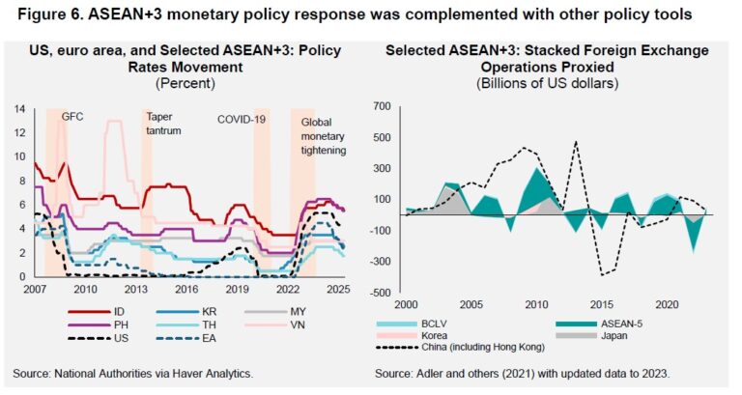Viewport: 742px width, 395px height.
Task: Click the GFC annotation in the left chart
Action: point(73,117)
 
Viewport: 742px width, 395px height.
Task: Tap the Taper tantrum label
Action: point(160,123)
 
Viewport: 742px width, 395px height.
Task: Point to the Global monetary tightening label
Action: point(324,136)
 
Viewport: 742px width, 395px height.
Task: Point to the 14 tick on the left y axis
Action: point(19,108)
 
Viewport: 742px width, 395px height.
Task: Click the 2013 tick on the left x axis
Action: point(134,289)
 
